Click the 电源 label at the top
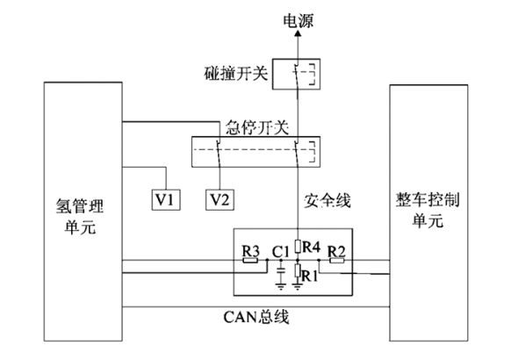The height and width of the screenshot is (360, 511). click(x=298, y=17)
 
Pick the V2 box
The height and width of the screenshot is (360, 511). click(x=220, y=199)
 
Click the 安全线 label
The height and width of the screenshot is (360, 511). click(x=329, y=201)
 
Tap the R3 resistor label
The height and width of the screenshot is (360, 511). click(x=249, y=252)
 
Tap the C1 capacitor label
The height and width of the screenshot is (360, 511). click(x=281, y=252)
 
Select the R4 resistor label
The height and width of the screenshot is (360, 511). click(x=313, y=246)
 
